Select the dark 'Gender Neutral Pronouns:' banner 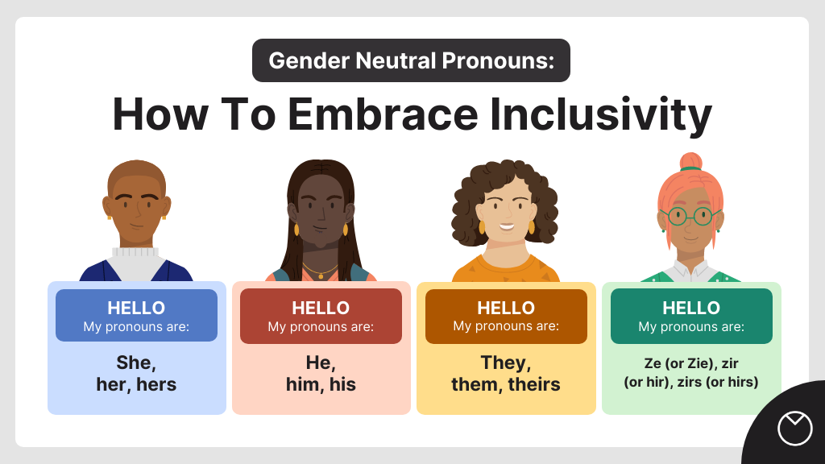[x=411, y=60]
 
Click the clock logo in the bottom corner [x=794, y=428]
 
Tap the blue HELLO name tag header [x=136, y=315]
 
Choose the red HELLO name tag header [x=321, y=315]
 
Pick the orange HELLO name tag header [x=506, y=315]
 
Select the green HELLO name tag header [x=691, y=315]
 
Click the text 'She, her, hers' [x=136, y=373]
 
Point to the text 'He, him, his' [x=321, y=373]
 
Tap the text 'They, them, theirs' [x=506, y=373]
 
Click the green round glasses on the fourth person [x=690, y=216]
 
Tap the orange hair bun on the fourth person [x=690, y=161]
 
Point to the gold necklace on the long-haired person [x=321, y=271]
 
